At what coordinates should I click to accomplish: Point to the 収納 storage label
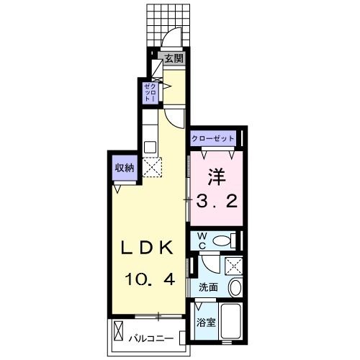123,168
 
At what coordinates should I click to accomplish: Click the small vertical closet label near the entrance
149,92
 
